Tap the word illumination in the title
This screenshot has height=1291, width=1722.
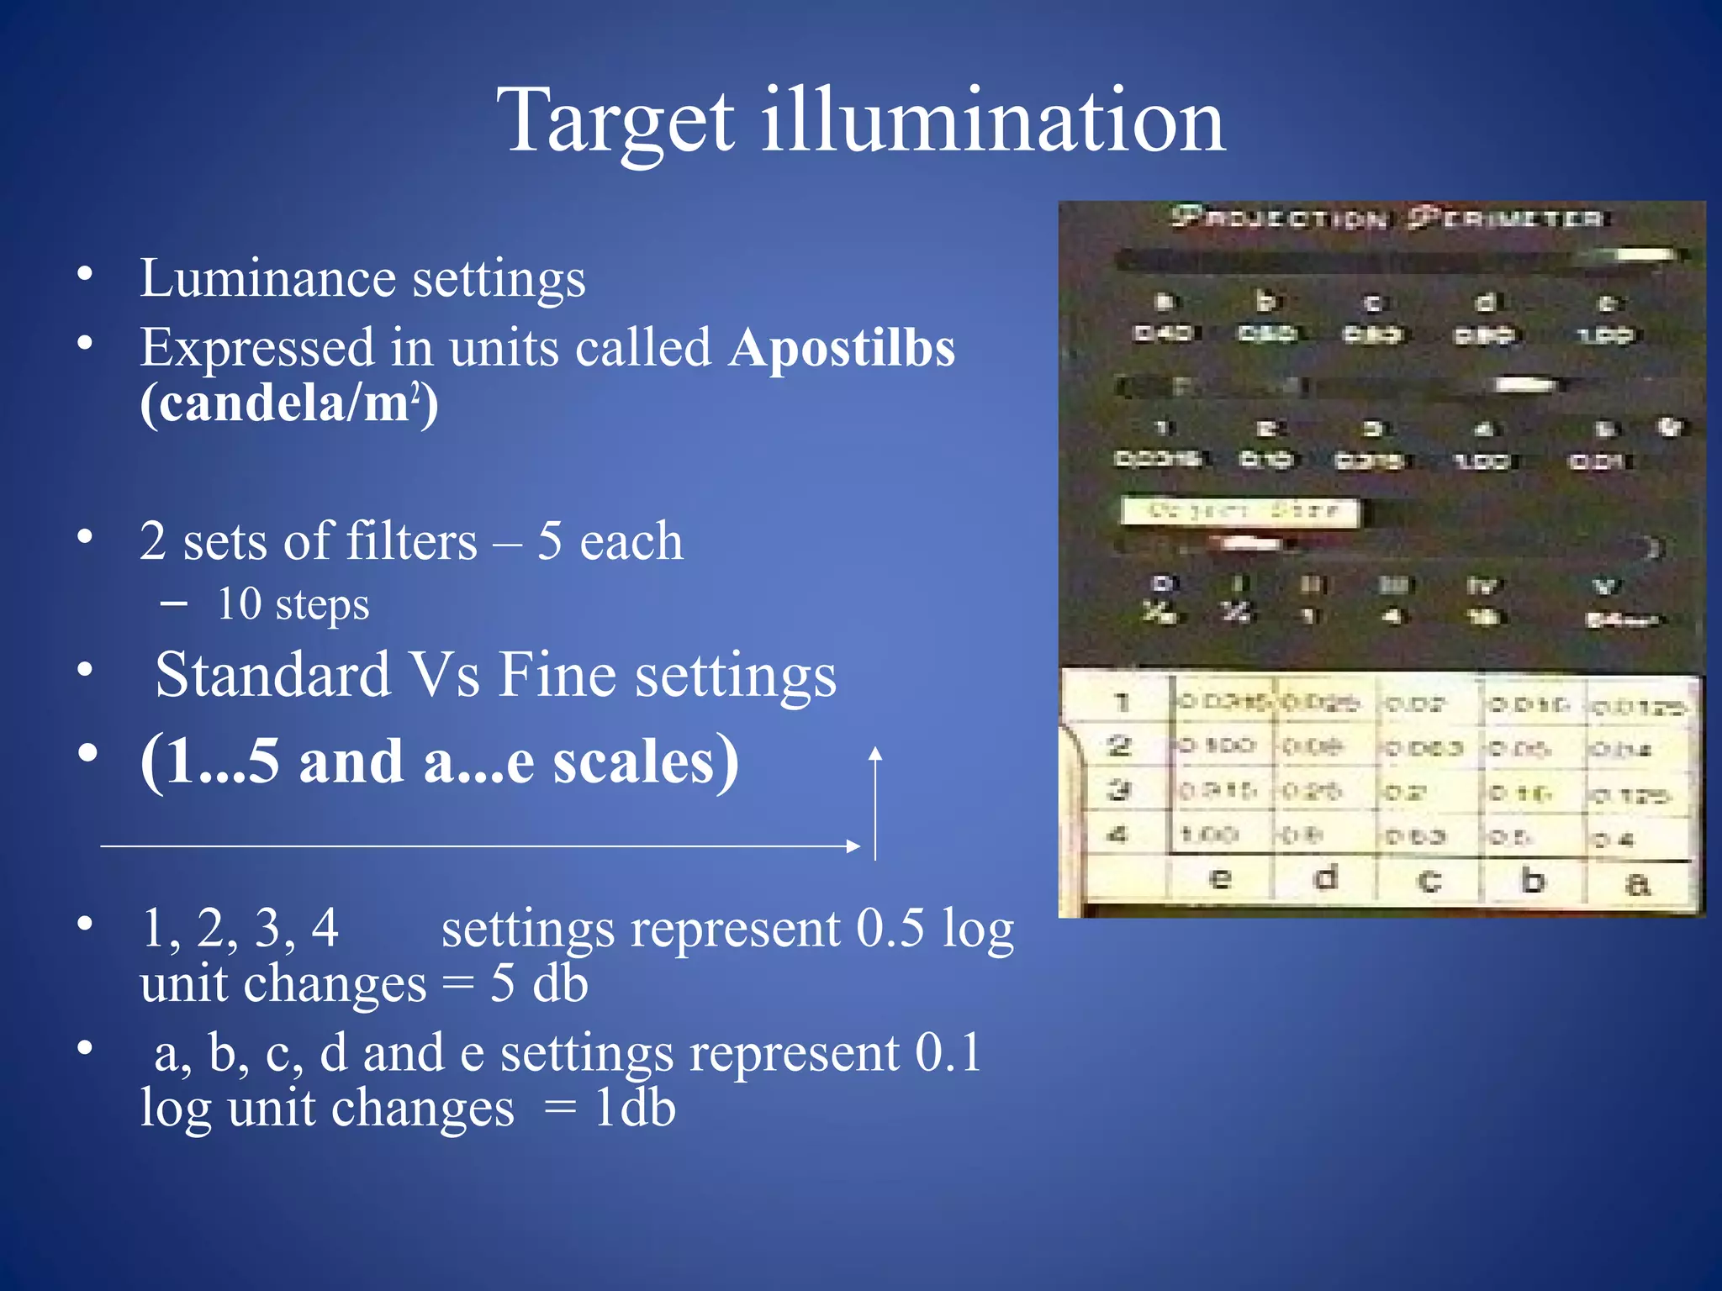point(993,121)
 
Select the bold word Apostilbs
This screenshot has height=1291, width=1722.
point(842,347)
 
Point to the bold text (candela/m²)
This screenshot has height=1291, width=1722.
point(288,403)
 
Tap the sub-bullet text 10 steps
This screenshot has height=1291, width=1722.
point(293,604)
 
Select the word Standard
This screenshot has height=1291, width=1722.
point(273,675)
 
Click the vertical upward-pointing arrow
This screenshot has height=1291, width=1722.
point(875,803)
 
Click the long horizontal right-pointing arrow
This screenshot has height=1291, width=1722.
point(479,846)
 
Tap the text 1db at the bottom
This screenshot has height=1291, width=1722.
point(634,1108)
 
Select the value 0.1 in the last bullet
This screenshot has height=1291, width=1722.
point(948,1052)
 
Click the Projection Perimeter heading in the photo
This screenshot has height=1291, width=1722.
point(1387,219)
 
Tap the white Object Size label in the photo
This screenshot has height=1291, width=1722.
point(1240,511)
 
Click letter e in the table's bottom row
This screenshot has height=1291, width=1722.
point(1220,880)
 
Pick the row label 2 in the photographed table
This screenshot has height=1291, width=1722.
point(1119,746)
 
